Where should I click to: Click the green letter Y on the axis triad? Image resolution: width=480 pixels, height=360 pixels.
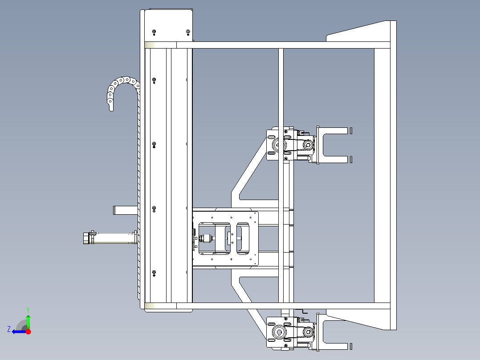(x=28, y=310)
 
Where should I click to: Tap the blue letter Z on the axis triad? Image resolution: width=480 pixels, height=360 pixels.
(x=9, y=329)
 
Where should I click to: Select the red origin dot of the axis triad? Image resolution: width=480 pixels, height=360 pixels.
(x=28, y=331)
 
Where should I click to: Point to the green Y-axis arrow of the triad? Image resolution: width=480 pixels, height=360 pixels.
(x=28, y=321)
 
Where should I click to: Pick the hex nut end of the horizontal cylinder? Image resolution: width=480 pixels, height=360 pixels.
(x=86, y=238)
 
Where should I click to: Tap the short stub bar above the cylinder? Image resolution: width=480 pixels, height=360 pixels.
(x=126, y=210)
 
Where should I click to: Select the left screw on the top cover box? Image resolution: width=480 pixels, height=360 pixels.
(x=154, y=32)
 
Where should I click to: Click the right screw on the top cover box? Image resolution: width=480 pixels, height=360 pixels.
(x=188, y=32)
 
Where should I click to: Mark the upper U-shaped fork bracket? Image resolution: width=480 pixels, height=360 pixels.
(x=333, y=145)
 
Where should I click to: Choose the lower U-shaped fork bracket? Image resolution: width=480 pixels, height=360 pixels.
(x=333, y=332)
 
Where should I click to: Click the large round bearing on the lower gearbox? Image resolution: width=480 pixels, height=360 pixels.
(x=279, y=332)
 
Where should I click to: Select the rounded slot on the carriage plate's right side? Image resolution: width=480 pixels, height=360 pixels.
(x=243, y=239)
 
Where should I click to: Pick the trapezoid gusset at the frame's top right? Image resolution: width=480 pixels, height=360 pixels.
(x=358, y=31)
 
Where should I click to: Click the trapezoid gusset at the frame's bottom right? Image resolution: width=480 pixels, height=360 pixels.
(x=358, y=319)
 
